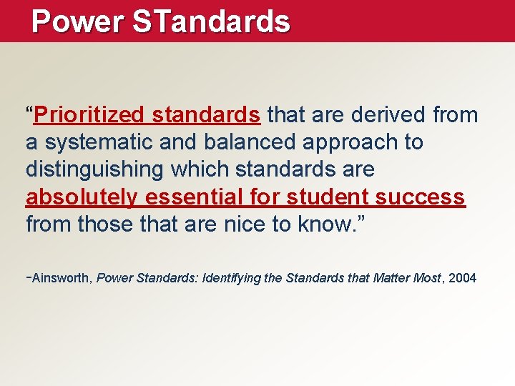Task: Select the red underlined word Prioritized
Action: pyautogui.click(x=89, y=115)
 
